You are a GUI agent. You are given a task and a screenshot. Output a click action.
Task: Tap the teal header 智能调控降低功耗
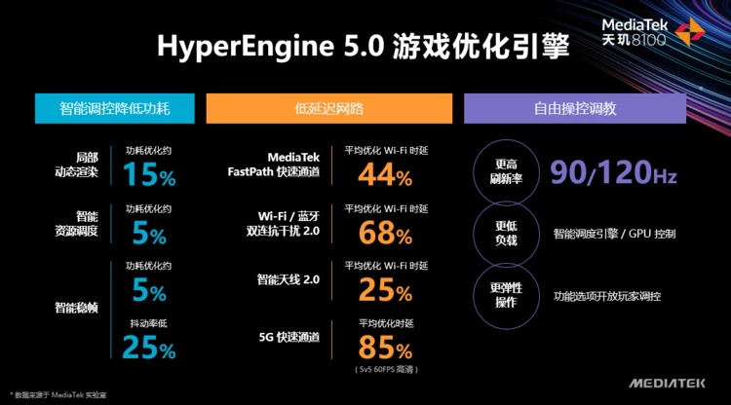115,108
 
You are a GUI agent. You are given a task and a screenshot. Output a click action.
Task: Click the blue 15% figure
149,175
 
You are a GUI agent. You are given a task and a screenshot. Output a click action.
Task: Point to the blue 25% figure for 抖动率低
149,348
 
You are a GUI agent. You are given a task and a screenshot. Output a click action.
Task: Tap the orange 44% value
384,175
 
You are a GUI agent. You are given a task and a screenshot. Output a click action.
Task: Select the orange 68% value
384,233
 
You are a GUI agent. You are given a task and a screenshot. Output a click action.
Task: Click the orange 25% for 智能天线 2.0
384,289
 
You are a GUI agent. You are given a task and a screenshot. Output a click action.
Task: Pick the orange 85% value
384,347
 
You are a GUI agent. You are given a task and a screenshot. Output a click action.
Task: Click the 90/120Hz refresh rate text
613,174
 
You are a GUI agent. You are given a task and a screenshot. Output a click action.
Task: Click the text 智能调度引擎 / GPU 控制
614,235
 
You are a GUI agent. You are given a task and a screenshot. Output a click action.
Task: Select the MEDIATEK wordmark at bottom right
668,383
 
